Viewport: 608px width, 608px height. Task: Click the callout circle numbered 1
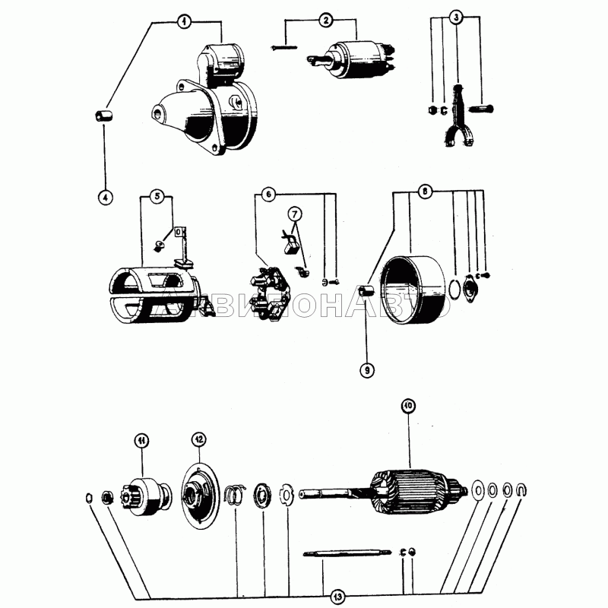point(183,22)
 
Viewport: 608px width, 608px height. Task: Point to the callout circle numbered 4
point(106,197)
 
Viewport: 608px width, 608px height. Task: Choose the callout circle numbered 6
point(268,195)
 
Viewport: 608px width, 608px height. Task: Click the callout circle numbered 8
point(426,192)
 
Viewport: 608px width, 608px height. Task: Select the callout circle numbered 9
point(366,370)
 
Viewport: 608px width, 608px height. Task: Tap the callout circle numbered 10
point(408,406)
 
